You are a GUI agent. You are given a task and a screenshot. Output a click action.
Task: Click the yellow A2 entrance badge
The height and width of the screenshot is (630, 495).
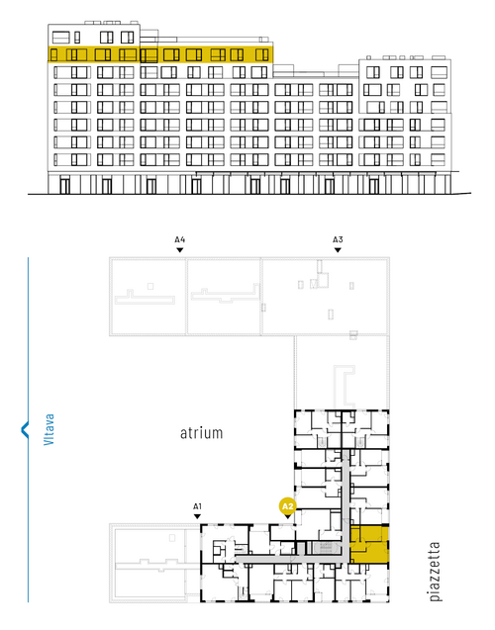(x=287, y=506)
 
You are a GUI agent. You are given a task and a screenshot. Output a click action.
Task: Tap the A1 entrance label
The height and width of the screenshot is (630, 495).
(x=197, y=506)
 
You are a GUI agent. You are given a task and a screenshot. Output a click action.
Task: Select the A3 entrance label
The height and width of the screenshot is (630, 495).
(x=338, y=239)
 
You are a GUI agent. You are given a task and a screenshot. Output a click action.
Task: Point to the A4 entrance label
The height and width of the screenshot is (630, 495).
(x=180, y=239)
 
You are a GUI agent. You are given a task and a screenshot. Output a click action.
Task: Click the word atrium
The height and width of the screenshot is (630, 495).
(x=201, y=433)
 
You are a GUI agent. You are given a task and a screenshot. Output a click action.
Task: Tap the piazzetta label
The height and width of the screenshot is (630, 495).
(x=435, y=572)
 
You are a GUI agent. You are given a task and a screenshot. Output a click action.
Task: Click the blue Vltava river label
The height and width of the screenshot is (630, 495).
(x=49, y=429)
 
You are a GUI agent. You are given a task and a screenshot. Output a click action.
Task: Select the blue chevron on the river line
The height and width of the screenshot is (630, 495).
(x=25, y=429)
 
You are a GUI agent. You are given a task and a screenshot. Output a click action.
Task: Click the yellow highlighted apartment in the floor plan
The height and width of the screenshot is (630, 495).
(x=369, y=544)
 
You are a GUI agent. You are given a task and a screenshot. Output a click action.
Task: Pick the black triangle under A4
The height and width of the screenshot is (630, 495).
(x=180, y=250)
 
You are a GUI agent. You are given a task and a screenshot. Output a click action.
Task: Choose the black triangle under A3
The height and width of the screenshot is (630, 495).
(x=338, y=250)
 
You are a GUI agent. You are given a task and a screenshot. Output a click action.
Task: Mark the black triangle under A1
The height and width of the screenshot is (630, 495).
(x=197, y=516)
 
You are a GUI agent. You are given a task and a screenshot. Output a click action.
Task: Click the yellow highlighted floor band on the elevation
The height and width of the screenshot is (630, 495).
(x=160, y=54)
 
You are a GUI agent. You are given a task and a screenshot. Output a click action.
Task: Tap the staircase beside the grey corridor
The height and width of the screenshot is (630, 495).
(x=324, y=548)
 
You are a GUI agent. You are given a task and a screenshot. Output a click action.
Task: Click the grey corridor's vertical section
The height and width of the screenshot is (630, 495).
(x=346, y=505)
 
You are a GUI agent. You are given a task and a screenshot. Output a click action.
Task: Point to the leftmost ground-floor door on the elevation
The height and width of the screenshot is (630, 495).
(x=64, y=186)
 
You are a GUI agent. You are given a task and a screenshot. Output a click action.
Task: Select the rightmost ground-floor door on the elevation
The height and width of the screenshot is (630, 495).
(x=373, y=186)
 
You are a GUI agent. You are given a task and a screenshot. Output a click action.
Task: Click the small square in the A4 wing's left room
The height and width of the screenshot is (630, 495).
(x=150, y=286)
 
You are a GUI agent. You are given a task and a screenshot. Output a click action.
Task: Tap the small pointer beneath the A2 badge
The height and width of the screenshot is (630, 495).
(x=287, y=516)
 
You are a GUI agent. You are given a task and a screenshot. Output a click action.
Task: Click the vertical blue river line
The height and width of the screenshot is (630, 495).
(x=28, y=429)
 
